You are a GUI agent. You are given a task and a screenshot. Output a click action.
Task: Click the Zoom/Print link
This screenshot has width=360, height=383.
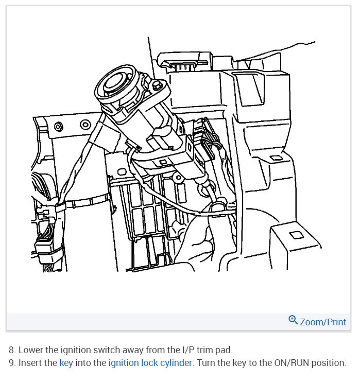point(323,322)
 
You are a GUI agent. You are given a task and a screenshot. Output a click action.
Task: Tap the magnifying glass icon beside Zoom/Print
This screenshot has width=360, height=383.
point(293,320)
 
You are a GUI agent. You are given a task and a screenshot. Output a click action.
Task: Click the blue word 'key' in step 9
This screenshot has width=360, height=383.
point(66,363)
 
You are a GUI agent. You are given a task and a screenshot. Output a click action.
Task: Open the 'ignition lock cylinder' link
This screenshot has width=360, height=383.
point(150,363)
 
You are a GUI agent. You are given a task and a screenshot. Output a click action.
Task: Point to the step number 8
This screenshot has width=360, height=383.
point(12,350)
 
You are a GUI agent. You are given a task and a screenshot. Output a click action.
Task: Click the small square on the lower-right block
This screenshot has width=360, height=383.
point(296,235)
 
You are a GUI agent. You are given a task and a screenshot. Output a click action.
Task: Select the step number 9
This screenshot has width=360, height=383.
point(12,363)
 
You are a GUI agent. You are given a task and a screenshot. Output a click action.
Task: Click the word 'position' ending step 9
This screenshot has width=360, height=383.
point(327,363)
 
